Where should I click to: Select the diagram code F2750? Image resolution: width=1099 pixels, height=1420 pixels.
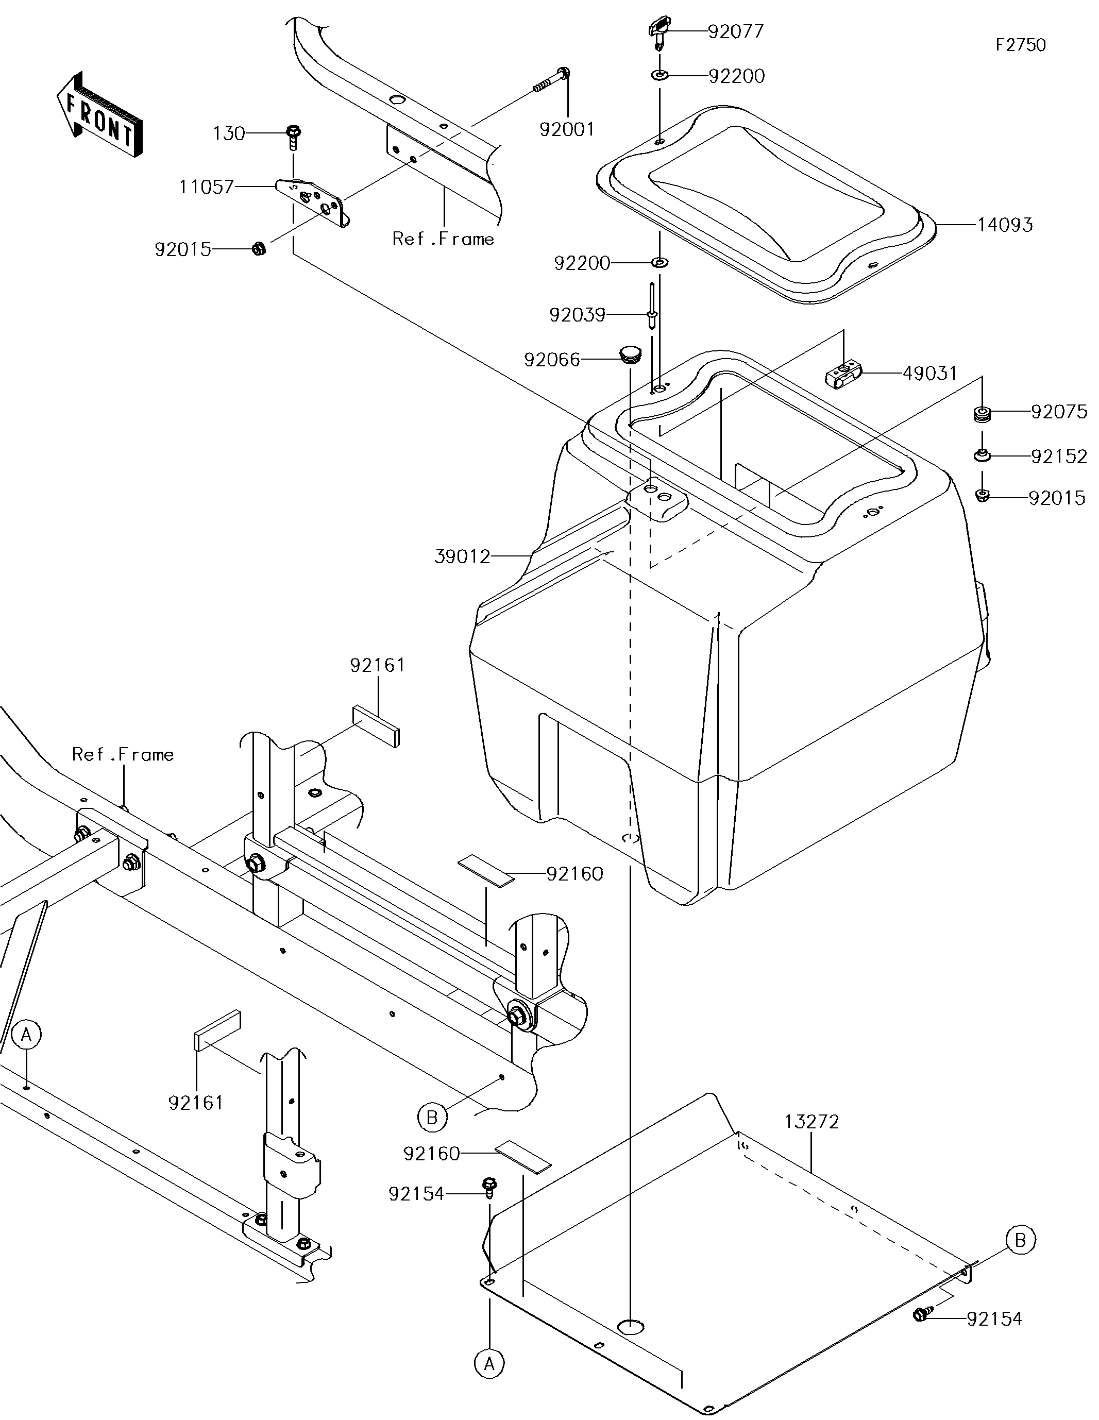1020,45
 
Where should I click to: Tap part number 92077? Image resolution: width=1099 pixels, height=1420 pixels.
735,31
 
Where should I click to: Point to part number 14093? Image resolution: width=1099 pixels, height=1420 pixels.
1005,225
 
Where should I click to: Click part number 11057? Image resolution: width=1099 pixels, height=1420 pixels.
206,187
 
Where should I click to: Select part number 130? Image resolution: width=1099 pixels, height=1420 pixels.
229,134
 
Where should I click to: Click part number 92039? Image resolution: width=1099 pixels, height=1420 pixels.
577,315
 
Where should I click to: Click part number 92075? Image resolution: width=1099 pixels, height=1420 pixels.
1059,412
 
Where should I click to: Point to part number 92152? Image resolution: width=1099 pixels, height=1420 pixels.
1059,457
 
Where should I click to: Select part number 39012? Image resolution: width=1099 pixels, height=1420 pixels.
462,556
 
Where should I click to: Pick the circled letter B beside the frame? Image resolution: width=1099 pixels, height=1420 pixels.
431,1117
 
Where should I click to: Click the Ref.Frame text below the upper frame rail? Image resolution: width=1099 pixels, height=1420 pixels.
443,239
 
